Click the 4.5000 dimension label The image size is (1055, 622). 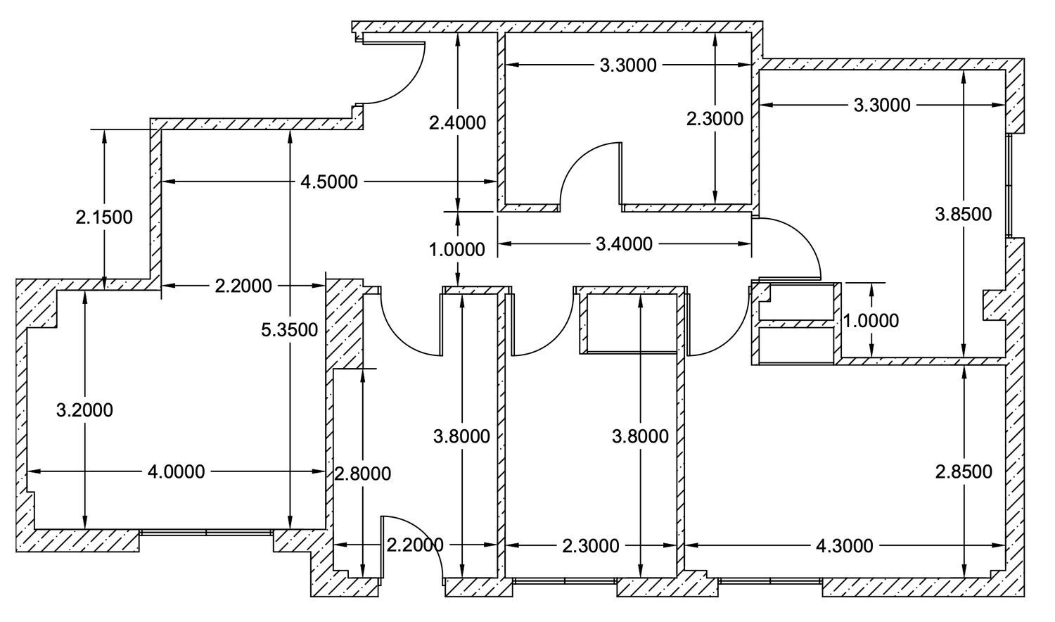coord(329,182)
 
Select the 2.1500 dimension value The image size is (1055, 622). coord(104,217)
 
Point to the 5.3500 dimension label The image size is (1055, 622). coord(290,330)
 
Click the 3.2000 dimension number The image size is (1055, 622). coord(85,410)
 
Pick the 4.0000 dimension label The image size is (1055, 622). coord(176,471)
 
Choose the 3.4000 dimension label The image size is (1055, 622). coord(624,244)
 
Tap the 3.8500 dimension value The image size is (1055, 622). coord(964,215)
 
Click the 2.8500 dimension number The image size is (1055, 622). coord(964,471)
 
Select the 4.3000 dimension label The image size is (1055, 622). coord(845,546)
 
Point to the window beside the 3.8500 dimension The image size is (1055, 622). coord(1009,186)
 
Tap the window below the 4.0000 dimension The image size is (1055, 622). coord(206,533)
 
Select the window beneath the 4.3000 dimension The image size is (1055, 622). coord(771,581)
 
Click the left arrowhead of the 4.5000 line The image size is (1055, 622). coord(168,182)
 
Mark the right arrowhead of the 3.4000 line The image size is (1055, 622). coord(745,243)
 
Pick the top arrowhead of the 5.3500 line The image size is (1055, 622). coord(290,137)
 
